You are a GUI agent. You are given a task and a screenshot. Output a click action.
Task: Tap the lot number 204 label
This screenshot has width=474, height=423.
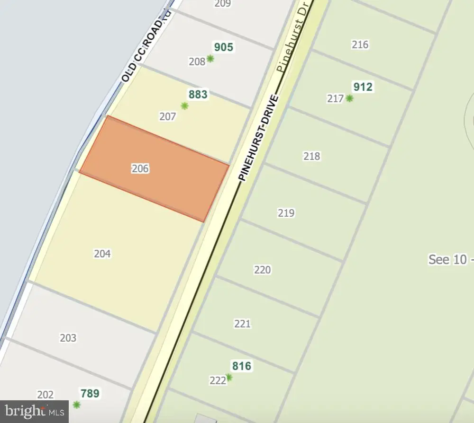102,254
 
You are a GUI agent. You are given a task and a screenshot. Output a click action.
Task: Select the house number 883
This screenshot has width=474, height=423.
198,95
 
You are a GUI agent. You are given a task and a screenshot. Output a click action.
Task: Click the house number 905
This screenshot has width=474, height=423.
224,47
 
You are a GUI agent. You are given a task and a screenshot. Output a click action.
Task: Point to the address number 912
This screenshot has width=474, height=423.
363,87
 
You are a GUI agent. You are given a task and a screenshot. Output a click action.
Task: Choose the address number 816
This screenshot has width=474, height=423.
242,366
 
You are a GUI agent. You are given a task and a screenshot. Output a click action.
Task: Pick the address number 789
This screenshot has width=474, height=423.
90,393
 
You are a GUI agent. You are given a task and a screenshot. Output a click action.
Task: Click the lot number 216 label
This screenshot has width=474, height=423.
360,45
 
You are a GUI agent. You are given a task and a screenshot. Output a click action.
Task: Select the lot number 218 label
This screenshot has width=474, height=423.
312,156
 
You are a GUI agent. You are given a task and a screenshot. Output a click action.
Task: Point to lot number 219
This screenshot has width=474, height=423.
286,213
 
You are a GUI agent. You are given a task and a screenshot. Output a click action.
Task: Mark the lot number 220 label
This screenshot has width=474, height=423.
263,270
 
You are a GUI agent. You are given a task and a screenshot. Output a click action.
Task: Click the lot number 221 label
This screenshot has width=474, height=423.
242,324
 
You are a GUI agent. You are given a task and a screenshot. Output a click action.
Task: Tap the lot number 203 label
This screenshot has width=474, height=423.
68,338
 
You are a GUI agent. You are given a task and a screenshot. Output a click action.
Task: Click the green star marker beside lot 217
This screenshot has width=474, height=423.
349,98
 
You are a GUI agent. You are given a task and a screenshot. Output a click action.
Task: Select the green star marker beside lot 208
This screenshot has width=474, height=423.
210,59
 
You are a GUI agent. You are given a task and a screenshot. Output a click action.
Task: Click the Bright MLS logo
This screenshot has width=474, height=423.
34,411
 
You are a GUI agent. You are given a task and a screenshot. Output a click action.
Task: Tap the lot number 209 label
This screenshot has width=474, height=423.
222,4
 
